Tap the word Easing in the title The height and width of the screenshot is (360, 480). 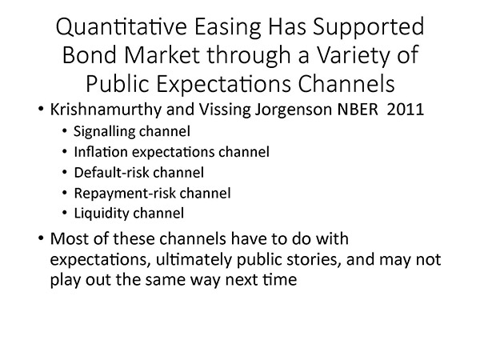pyautogui.click(x=228, y=28)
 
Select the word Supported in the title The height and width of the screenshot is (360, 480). pyautogui.click(x=368, y=28)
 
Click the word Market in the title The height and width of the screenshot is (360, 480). pyautogui.click(x=162, y=55)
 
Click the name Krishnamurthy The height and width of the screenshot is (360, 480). pyautogui.click(x=106, y=110)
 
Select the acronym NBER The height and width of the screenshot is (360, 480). pyautogui.click(x=358, y=110)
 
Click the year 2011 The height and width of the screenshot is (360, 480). pyautogui.click(x=406, y=110)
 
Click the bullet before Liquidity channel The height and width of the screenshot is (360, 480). pyautogui.click(x=64, y=213)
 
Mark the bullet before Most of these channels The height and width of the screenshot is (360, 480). pyautogui.click(x=41, y=238)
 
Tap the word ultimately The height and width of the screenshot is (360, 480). pyautogui.click(x=194, y=260)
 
